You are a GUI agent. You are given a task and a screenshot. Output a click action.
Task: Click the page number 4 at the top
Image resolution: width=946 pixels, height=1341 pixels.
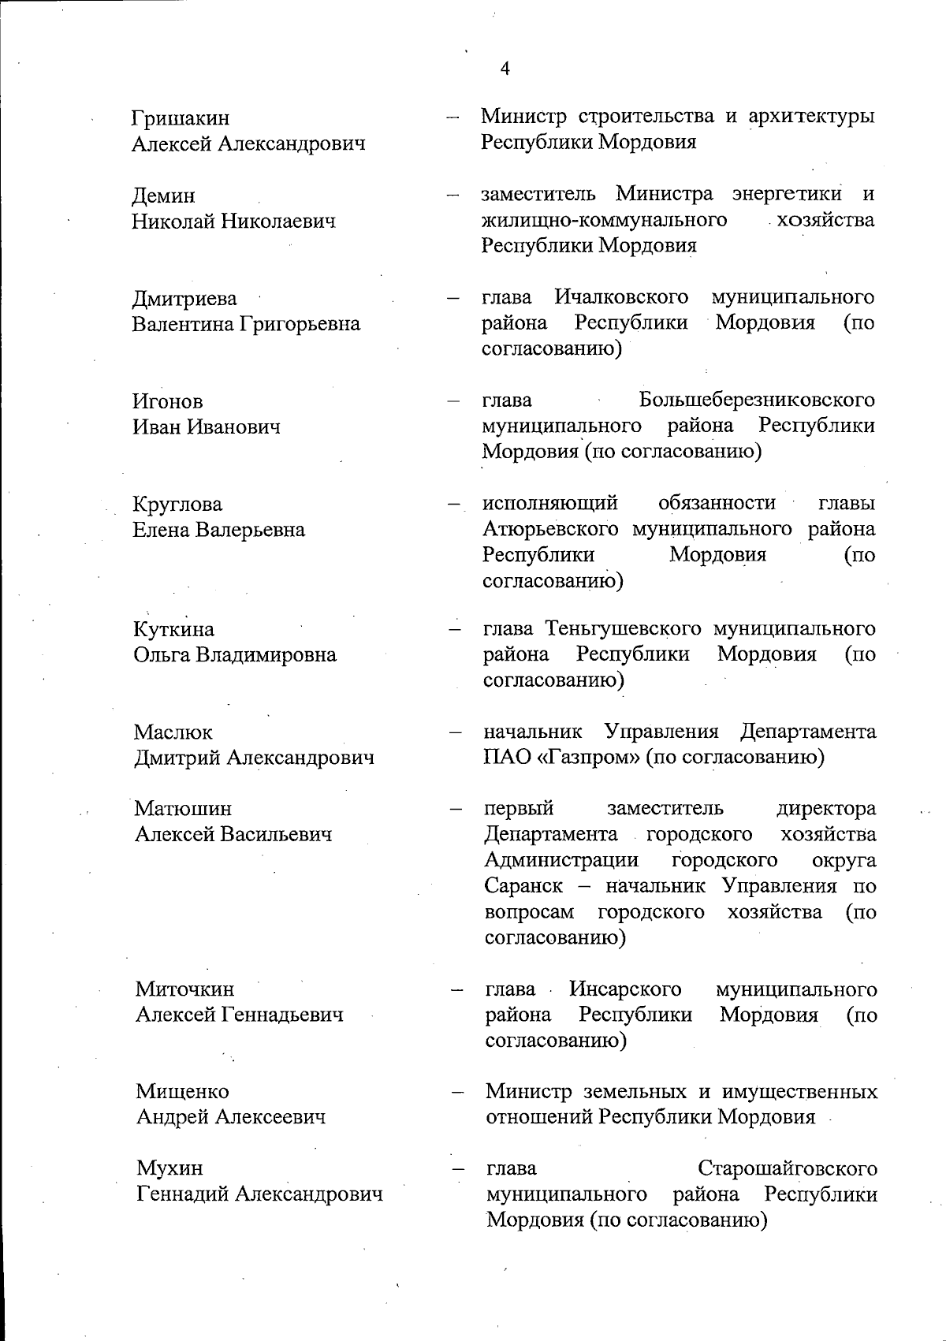[505, 69]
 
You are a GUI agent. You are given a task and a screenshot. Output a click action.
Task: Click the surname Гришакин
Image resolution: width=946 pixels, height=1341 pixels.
[181, 118]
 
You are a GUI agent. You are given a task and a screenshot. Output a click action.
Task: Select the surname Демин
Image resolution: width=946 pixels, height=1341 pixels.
[163, 196]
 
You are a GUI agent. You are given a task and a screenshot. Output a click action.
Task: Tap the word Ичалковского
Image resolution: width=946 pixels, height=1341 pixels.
[621, 297]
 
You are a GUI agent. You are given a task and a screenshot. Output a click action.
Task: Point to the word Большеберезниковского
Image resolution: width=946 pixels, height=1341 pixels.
[757, 400]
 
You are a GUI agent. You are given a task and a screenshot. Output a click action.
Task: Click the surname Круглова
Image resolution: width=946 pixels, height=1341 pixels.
[178, 504]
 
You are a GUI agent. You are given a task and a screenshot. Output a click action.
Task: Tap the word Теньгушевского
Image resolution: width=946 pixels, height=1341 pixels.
[623, 629]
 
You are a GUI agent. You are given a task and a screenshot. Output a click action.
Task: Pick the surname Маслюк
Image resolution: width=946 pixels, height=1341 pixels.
[173, 732]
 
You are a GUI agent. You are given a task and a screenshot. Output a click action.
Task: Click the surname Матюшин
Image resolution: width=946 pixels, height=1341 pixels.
[183, 809]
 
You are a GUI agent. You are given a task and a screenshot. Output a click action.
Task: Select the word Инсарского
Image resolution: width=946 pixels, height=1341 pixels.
[625, 989]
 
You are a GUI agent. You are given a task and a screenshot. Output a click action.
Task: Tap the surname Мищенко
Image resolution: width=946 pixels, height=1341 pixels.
[182, 1092]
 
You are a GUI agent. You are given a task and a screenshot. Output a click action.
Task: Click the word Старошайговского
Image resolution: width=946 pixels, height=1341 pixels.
[788, 1168]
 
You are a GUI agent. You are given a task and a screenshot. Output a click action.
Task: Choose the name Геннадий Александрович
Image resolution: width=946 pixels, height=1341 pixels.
[260, 1194]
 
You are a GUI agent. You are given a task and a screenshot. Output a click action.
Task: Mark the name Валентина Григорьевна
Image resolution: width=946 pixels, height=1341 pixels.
[246, 324]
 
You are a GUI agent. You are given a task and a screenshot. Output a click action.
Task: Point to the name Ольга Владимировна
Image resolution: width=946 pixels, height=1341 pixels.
[235, 655]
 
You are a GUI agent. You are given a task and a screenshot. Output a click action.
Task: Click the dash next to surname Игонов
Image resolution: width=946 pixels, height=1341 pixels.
[453, 401]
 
